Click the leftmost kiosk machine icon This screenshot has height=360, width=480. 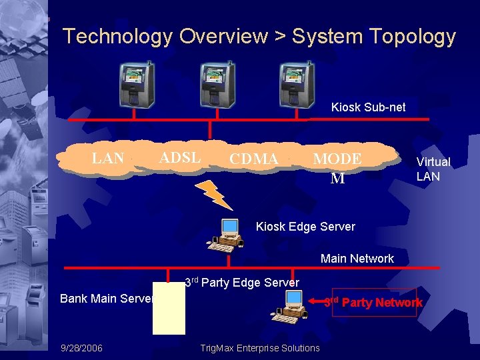coord(136,85)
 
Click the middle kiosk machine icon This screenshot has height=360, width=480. coord(217,85)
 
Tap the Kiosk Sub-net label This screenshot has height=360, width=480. coord(368,107)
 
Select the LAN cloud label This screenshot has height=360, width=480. coord(107,159)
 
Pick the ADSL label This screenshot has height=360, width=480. coord(180,158)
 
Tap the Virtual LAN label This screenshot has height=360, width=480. coord(433,169)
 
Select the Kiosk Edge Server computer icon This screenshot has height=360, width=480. coord(227,235)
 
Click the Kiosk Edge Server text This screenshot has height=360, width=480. coord(305,227)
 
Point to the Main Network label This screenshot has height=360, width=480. coord(357,259)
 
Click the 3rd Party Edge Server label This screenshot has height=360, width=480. coord(241,283)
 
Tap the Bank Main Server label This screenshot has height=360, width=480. coord(107,299)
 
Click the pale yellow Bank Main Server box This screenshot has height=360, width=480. coord(169,313)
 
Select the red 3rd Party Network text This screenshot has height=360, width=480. coord(373,303)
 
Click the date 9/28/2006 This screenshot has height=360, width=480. coord(81,348)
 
